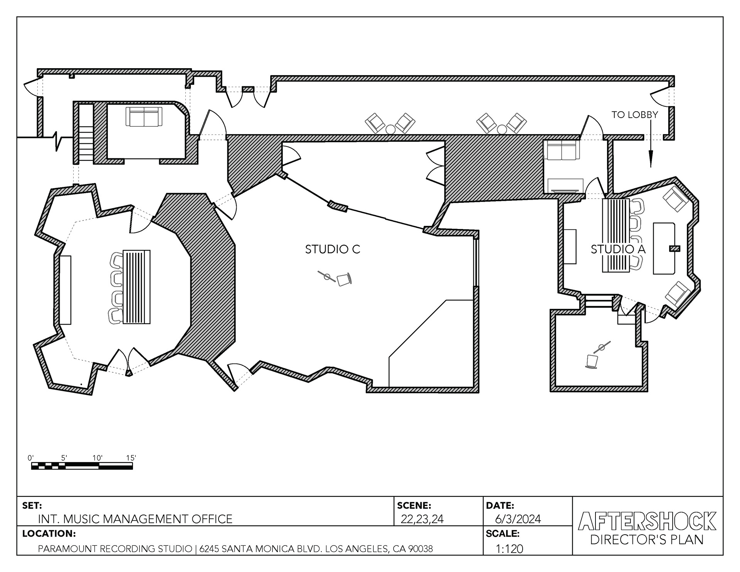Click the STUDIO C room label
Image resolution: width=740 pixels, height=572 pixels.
pyautogui.click(x=332, y=249)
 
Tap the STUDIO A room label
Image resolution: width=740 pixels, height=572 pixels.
pyautogui.click(x=618, y=249)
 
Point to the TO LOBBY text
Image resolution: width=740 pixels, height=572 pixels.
pyautogui.click(x=635, y=114)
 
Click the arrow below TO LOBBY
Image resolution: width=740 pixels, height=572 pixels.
pyautogui.click(x=651, y=143)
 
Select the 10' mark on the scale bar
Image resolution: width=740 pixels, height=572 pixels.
pyautogui.click(x=98, y=458)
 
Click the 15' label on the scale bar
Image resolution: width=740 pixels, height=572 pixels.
pyautogui.click(x=131, y=458)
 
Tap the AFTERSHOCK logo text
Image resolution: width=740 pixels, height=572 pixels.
pyautogui.click(x=647, y=521)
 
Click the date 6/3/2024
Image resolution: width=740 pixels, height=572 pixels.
pyautogui.click(x=518, y=519)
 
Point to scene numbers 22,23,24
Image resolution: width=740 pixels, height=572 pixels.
pyautogui.click(x=422, y=519)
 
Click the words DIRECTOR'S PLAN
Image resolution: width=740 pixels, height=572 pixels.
pyautogui.click(x=647, y=540)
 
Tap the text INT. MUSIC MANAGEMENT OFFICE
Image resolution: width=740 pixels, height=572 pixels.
pyautogui.click(x=135, y=519)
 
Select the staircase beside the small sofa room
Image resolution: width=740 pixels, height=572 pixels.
pyautogui.click(x=86, y=132)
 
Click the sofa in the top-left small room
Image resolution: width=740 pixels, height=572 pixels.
pyautogui.click(x=144, y=117)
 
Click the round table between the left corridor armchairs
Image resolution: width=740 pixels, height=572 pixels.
pyautogui.click(x=390, y=129)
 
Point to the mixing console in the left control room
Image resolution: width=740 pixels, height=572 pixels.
pyautogui.click(x=136, y=287)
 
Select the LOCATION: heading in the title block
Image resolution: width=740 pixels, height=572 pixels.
pyautogui.click(x=49, y=534)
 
